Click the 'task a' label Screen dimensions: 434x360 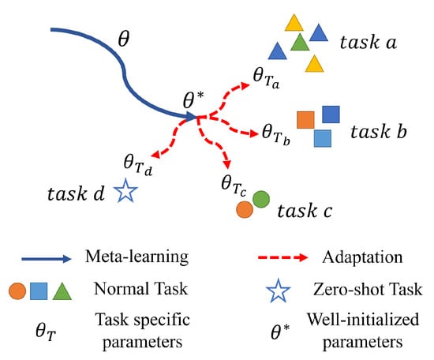coord(369,43)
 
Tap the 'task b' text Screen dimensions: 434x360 coord(378,131)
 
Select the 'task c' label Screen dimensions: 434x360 coord(305,211)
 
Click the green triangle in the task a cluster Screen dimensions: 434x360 coord(300,43)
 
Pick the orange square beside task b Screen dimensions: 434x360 coord(305,120)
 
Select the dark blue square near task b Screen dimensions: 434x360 coord(331,114)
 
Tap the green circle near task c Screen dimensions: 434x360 coord(261,199)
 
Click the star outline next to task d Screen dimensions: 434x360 coord(126,190)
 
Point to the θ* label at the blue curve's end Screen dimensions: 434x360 coord(193,99)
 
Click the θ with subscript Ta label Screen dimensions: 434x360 coord(266,78)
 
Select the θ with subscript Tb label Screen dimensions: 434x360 coord(275,134)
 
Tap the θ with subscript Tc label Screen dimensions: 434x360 coord(234,186)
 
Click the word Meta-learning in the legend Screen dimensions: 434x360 coord(137,257)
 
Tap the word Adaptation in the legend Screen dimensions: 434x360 coord(362,257)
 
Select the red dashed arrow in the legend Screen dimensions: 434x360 coord(282,257)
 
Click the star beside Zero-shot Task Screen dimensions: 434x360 coord(279,291)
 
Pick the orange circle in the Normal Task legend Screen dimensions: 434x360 coord(17,291)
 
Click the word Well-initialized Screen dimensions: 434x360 coord(363,319)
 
